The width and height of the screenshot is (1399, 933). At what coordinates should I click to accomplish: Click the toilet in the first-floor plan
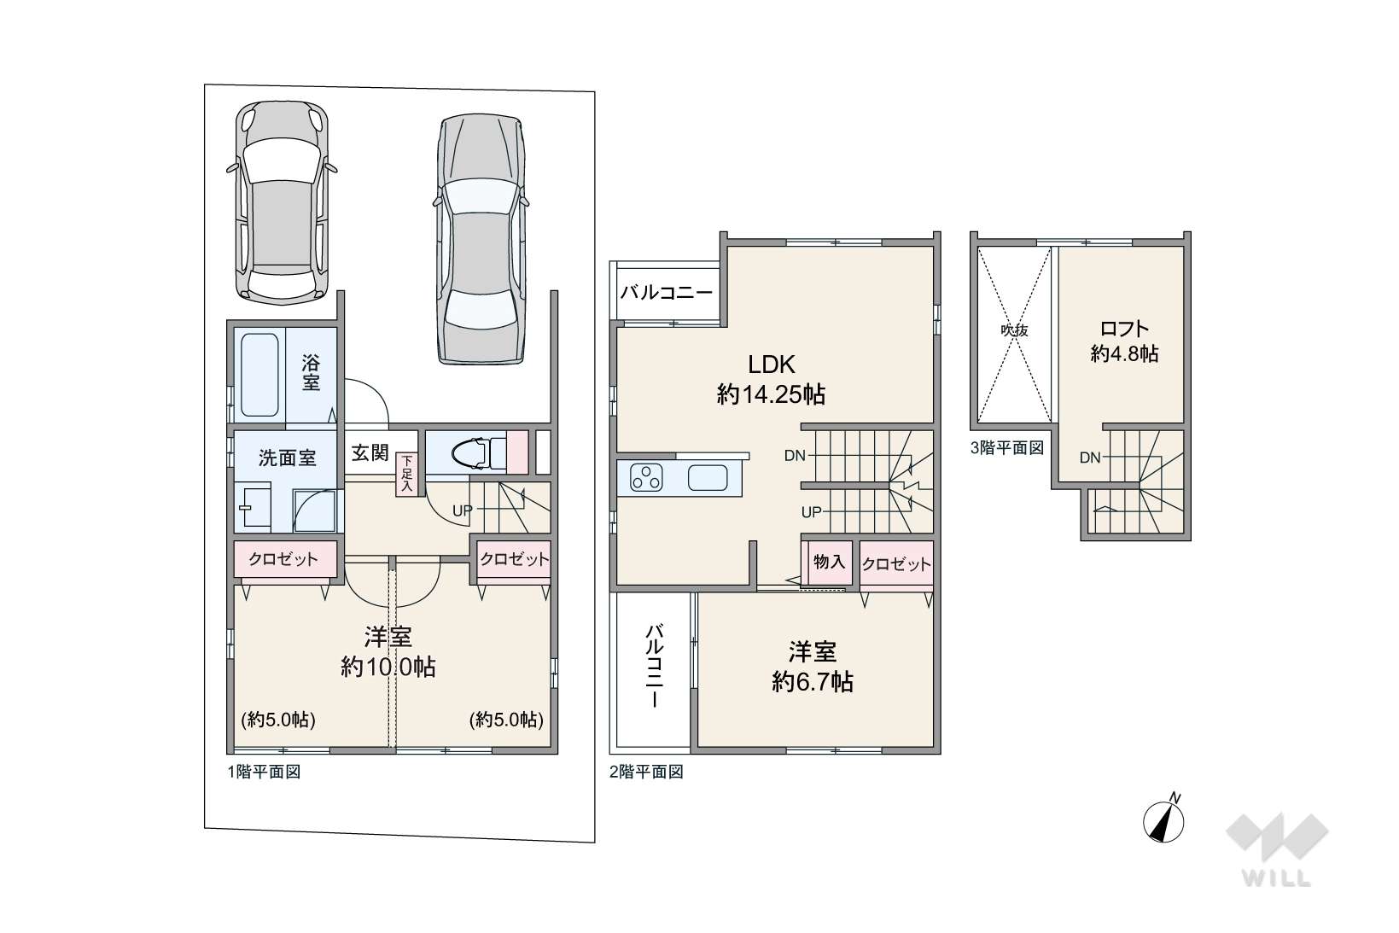click(481, 453)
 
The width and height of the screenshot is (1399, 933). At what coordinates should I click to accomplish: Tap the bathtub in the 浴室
click(259, 375)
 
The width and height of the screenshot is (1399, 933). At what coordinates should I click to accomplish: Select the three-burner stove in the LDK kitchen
click(646, 478)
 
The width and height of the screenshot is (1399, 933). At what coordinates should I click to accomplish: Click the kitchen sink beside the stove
click(708, 478)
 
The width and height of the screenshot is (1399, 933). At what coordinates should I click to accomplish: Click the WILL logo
click(1277, 849)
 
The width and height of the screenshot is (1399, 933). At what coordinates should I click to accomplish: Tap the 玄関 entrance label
click(370, 452)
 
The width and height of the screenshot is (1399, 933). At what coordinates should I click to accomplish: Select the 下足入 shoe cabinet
click(406, 475)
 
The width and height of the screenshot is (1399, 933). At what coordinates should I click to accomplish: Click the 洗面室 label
click(288, 458)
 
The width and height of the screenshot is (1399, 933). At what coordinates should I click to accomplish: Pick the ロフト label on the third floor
click(1124, 329)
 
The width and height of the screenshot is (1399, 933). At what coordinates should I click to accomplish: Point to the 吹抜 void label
click(1014, 329)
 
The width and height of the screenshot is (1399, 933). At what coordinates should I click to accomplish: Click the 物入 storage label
click(829, 562)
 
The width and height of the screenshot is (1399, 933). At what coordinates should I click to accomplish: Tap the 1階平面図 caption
click(265, 772)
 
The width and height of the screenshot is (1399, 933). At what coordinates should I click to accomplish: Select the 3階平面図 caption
click(1007, 448)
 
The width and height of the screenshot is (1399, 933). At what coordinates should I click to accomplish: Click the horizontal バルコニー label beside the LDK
click(667, 292)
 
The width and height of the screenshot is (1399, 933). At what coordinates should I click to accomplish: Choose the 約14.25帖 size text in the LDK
click(772, 394)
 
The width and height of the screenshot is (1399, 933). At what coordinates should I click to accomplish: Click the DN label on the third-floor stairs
click(1090, 458)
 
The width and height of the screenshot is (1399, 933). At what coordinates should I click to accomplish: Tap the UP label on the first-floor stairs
click(463, 510)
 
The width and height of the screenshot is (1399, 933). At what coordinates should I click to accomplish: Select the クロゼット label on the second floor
click(896, 564)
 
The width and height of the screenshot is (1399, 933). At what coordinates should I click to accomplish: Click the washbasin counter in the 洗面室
click(253, 506)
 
